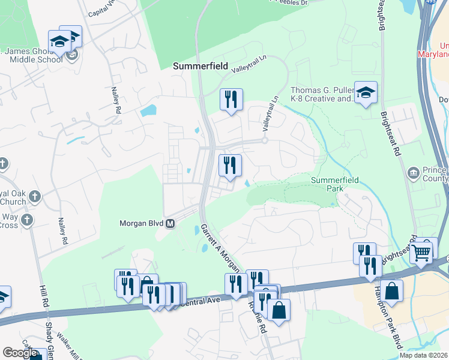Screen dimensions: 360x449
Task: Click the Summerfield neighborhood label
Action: (x=200, y=67)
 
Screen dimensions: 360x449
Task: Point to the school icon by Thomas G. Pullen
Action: (x=366, y=93)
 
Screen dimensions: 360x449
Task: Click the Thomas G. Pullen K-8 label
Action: (x=321, y=94)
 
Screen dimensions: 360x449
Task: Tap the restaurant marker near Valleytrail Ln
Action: (x=231, y=100)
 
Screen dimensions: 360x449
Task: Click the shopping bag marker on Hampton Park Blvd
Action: (x=391, y=292)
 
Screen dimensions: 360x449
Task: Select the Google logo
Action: (x=20, y=352)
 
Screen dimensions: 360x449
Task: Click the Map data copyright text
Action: (x=424, y=355)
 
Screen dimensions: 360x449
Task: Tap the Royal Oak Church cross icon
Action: (x=35, y=196)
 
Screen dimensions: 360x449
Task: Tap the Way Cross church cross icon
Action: (x=26, y=220)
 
